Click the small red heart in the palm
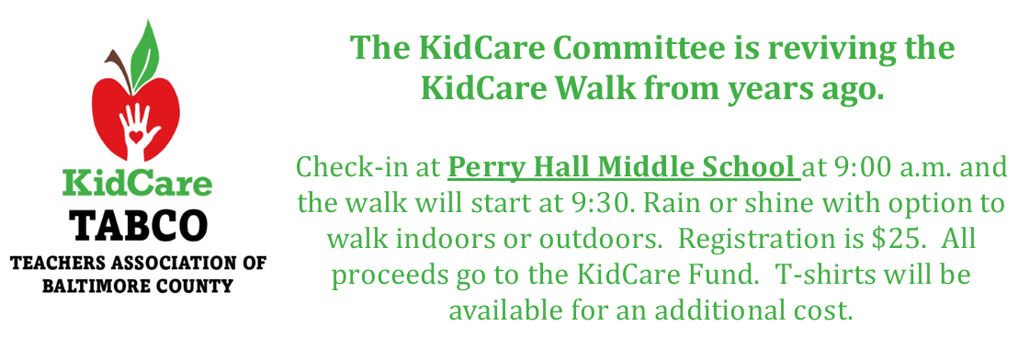tap(136, 136)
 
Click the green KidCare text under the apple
tap(137, 184)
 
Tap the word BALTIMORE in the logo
tap(95, 286)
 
